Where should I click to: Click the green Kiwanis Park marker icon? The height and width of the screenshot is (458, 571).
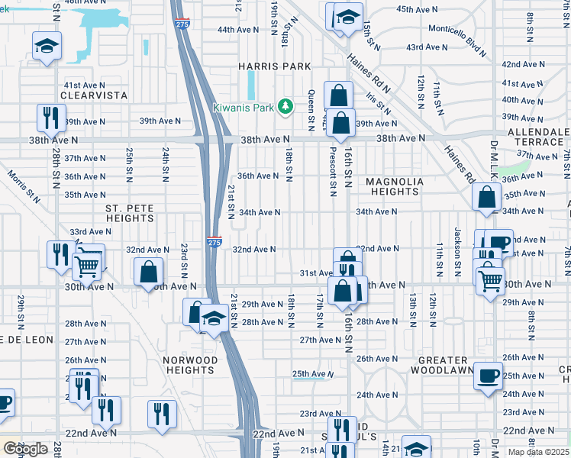click(x=286, y=106)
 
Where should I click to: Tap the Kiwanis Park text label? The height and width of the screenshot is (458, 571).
click(x=243, y=108)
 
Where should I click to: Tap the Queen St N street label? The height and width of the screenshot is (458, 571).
click(x=311, y=107)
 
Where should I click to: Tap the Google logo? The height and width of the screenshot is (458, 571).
click(x=25, y=449)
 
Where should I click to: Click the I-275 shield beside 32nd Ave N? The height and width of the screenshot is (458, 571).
click(x=215, y=242)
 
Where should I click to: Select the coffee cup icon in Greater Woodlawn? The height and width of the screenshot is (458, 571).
click(x=488, y=376)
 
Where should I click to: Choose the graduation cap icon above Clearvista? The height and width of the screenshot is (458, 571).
click(x=47, y=47)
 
